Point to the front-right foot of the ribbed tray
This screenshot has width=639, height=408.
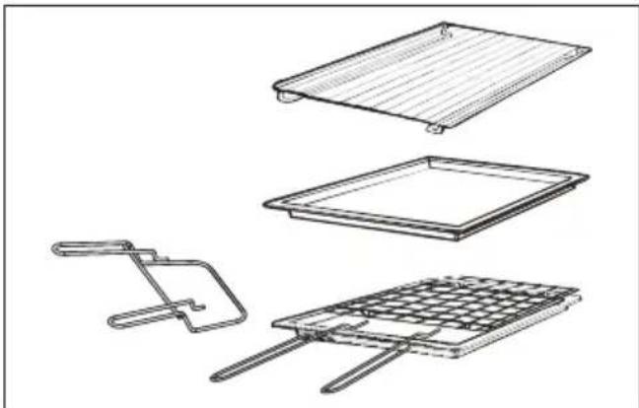click(435, 129)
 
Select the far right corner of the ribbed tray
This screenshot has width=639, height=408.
click(589, 48)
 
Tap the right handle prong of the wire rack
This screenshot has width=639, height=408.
click(365, 367)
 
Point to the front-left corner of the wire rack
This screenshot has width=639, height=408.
click(276, 321)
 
